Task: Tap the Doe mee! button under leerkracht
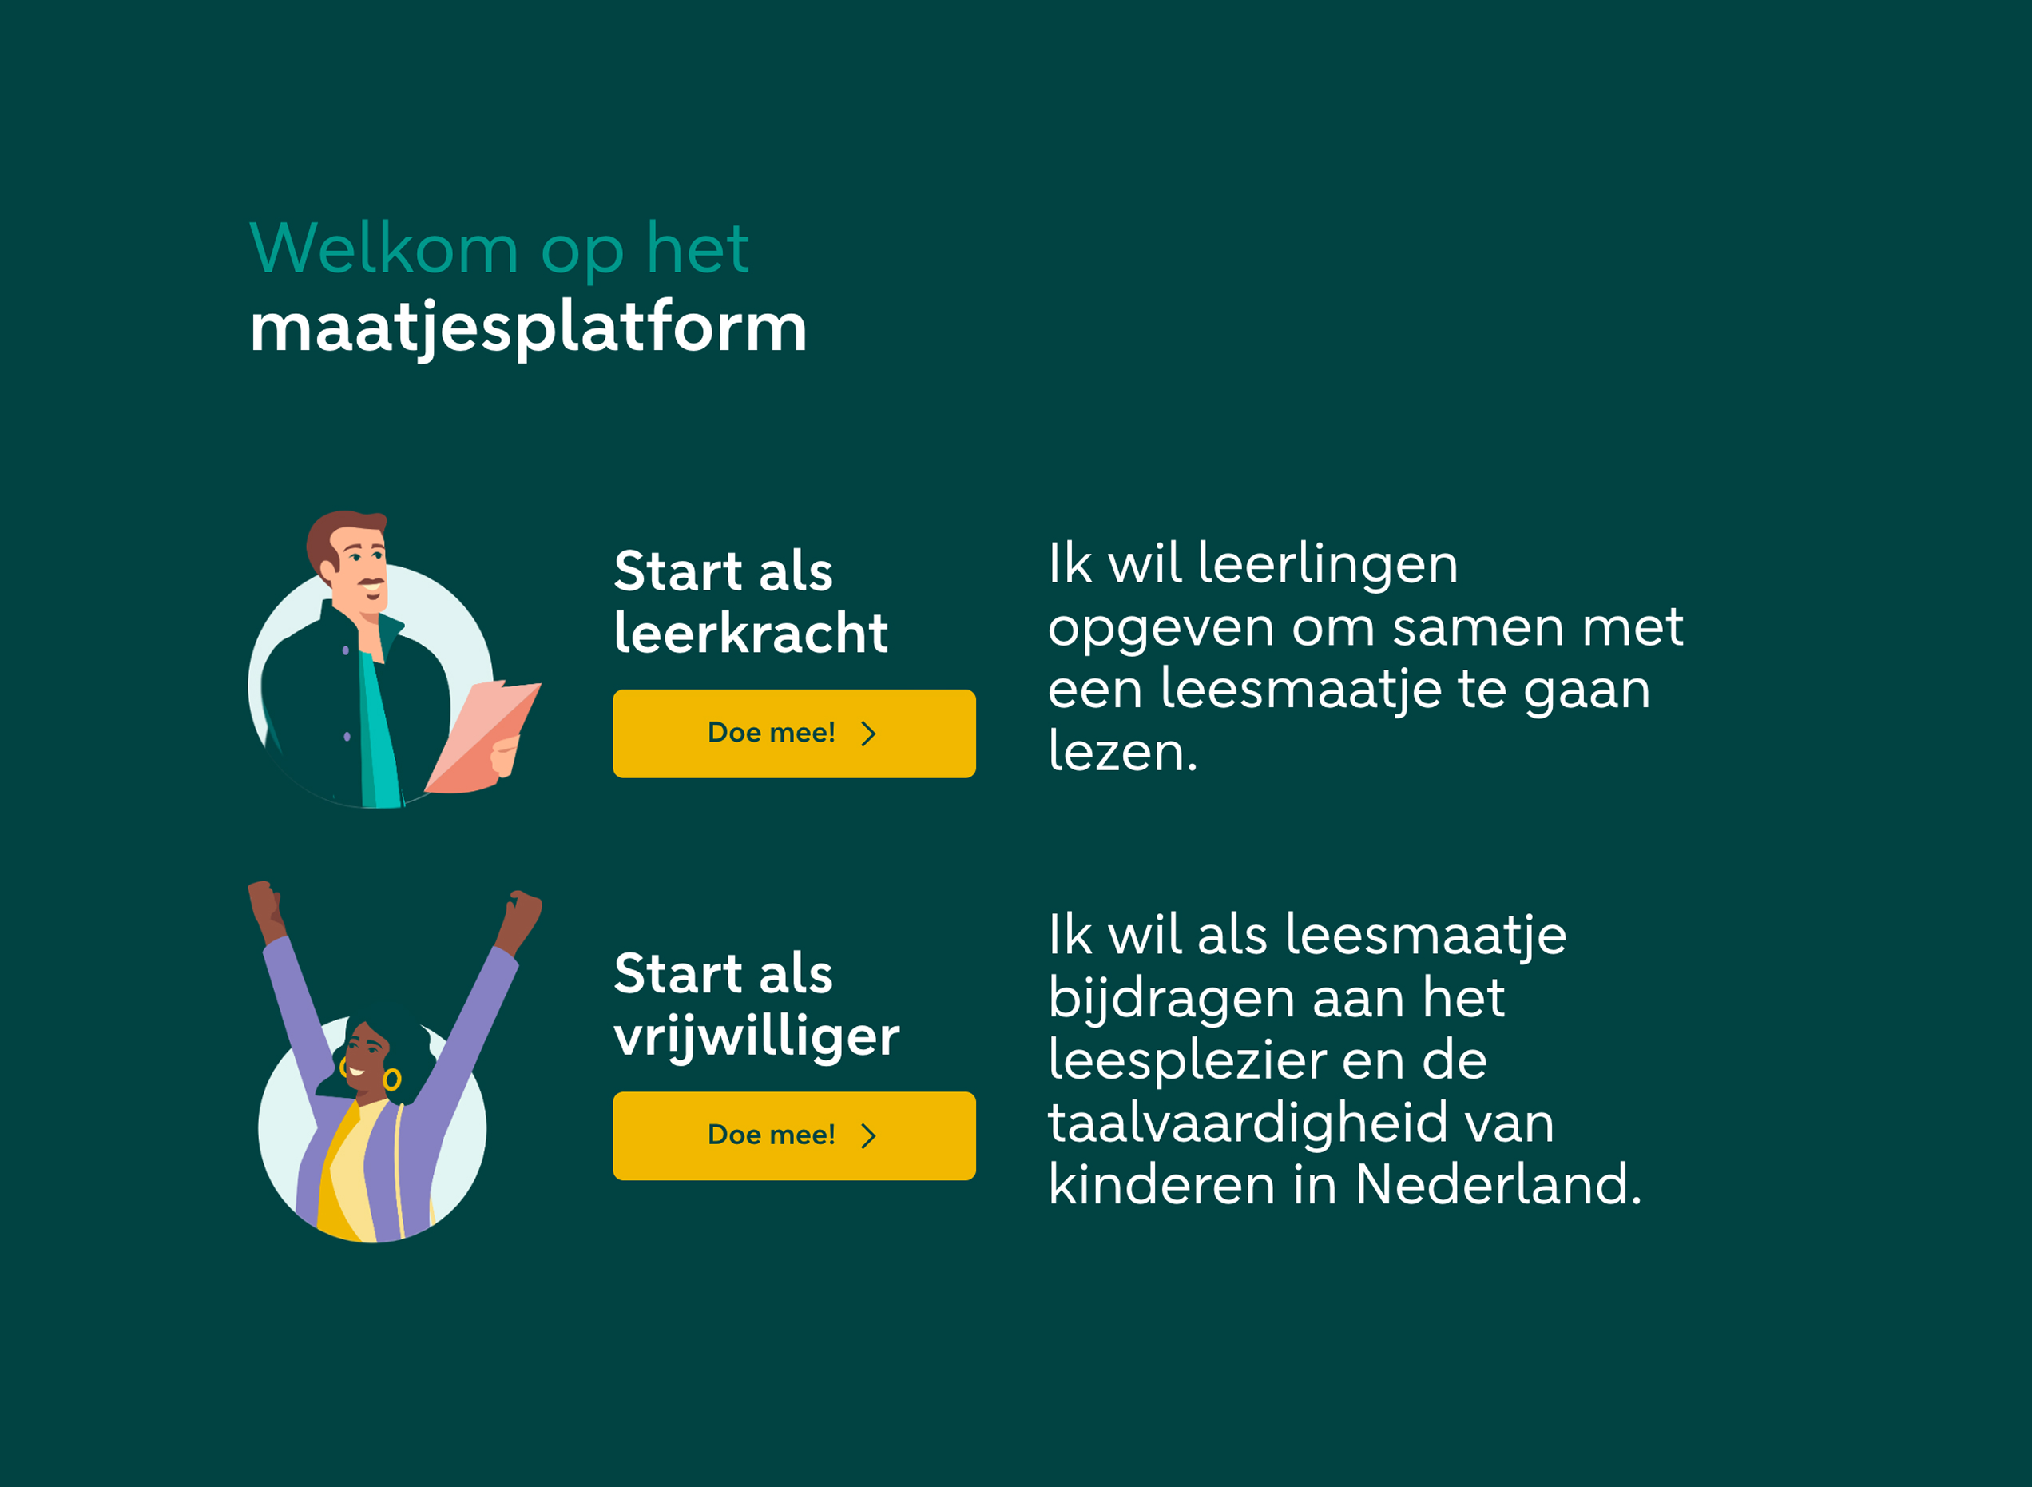pyautogui.click(x=794, y=734)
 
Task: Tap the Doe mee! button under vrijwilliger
pyautogui.click(x=794, y=1136)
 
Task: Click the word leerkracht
pyautogui.click(x=751, y=632)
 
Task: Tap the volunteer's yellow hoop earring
pyautogui.click(x=391, y=1079)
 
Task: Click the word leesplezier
pyautogui.click(x=1187, y=1061)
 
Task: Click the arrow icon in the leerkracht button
pyautogui.click(x=868, y=734)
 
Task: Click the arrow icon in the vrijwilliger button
pyautogui.click(x=868, y=1136)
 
